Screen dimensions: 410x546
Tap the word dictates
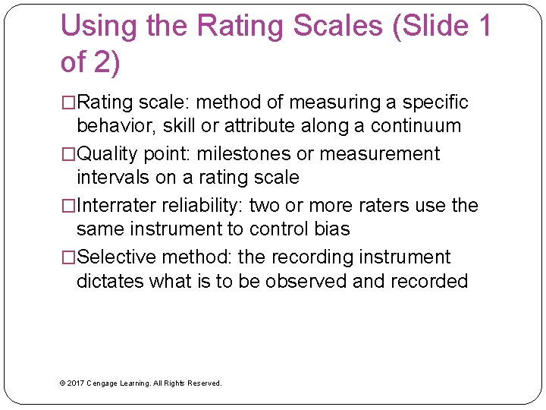pos(110,281)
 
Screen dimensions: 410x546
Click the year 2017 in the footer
pos(75,383)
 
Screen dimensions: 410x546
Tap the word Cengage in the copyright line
pos(103,383)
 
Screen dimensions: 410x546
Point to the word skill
pos(178,126)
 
